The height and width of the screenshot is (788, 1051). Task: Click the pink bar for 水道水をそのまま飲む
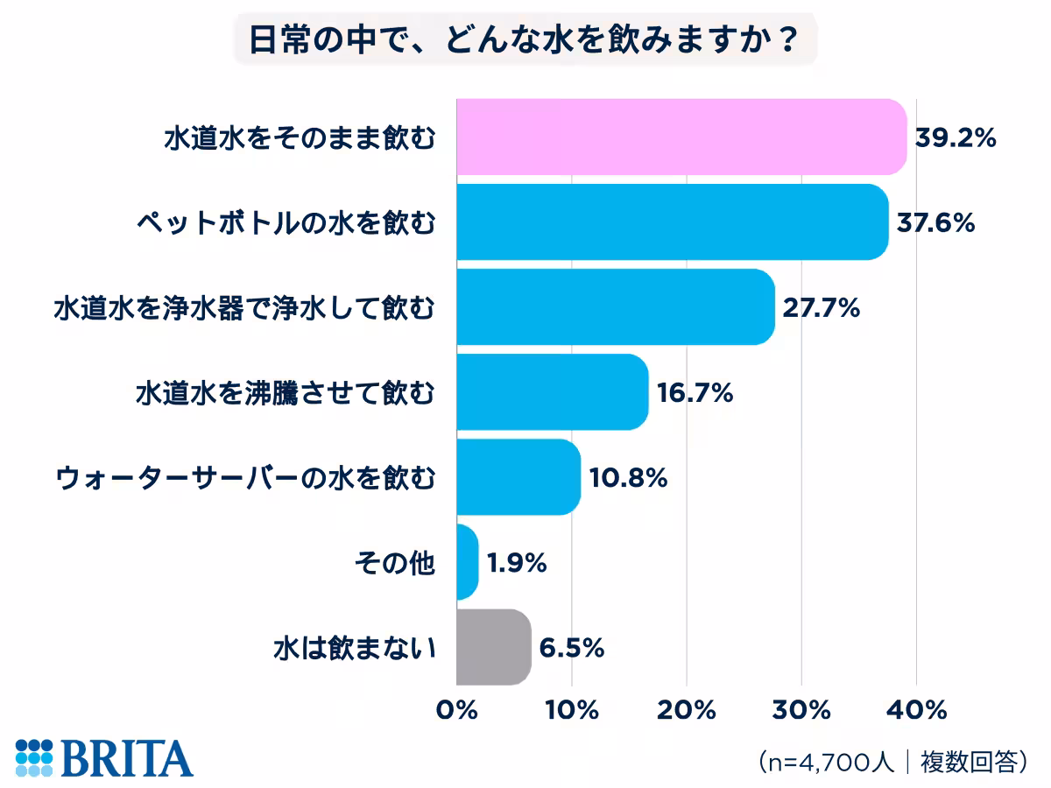(681, 137)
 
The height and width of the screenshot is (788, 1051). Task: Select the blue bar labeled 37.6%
(673, 222)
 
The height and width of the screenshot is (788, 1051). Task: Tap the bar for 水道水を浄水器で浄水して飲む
(616, 306)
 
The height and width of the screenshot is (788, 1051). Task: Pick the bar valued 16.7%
(553, 391)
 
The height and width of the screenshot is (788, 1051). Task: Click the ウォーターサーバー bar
(518, 476)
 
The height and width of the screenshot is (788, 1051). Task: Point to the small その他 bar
(468, 562)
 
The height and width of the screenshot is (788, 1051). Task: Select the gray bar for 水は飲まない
(494, 647)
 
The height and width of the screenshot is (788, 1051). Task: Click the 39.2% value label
(956, 137)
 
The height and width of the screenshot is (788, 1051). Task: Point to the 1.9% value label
(517, 563)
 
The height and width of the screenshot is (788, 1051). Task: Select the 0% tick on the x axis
(456, 709)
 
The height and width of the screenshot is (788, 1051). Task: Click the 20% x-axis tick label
(688, 709)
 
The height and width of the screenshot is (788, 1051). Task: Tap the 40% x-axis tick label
(917, 709)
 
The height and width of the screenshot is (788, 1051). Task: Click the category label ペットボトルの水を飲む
(285, 222)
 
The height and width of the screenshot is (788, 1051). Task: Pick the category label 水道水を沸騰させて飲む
(285, 392)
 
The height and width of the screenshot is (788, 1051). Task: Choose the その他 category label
(394, 563)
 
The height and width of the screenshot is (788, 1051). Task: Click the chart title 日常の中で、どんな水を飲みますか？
(525, 41)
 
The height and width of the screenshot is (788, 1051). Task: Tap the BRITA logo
(104, 757)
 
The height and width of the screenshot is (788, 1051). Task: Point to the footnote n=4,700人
(828, 760)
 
